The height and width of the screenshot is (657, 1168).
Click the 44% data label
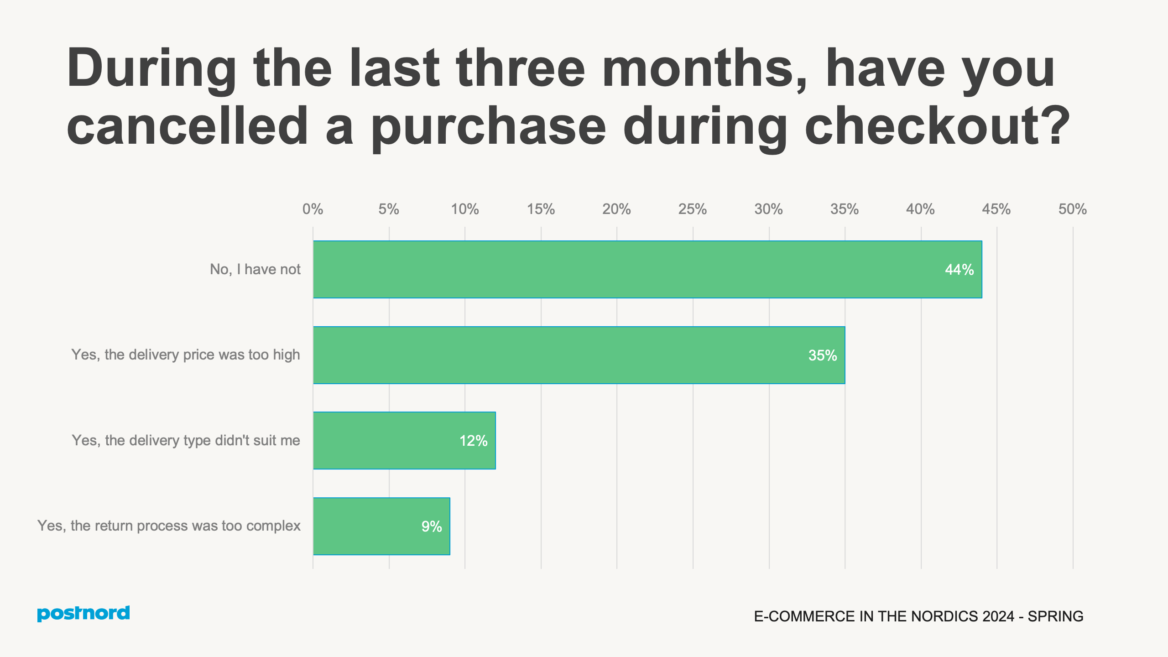point(959,270)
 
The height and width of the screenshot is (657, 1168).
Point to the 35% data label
point(822,355)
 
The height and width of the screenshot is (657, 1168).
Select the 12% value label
point(473,441)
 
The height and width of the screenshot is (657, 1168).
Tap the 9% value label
point(431,527)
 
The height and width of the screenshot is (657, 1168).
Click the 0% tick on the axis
point(313,209)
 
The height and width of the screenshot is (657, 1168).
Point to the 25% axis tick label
point(692,209)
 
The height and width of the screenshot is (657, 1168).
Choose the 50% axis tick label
point(1072,209)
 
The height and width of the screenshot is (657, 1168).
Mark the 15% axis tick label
point(541,209)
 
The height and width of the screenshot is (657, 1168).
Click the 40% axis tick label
point(920,209)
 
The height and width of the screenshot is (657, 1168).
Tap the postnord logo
point(83,613)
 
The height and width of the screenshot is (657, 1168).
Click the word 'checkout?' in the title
point(937,126)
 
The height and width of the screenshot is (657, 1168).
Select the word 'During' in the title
point(151,68)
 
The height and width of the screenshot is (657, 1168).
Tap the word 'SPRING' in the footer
point(1055,616)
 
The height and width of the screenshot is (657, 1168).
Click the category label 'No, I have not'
point(255,270)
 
